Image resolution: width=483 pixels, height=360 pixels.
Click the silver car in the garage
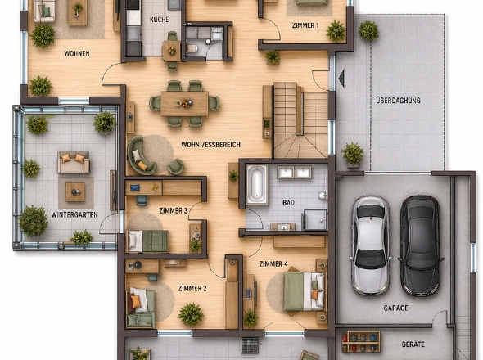(370, 245)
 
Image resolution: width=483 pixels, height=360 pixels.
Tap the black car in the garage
(420, 245)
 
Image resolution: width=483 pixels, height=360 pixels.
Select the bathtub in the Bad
(256, 184)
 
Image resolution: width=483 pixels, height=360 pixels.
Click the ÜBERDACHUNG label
(398, 101)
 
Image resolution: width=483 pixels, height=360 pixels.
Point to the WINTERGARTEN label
(74, 214)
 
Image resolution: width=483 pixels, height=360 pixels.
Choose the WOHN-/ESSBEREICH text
(210, 145)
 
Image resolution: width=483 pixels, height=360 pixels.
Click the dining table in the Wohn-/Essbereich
(184, 103)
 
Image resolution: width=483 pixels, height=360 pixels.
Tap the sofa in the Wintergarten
(74, 162)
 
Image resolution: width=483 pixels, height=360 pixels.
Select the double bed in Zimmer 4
(304, 291)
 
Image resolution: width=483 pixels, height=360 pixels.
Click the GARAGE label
(396, 308)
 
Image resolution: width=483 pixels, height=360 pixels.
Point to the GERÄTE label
(413, 344)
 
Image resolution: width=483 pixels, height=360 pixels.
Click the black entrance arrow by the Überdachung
(341, 79)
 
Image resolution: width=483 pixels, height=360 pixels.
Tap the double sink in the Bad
(294, 173)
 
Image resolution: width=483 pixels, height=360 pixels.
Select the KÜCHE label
(160, 20)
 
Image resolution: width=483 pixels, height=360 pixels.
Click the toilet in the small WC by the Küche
(192, 48)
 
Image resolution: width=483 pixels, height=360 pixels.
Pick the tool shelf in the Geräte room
(361, 341)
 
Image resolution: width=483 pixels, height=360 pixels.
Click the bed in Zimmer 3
(148, 241)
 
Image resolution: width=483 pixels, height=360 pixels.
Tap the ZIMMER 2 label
(192, 289)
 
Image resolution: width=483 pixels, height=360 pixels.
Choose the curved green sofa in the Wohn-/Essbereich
(140, 155)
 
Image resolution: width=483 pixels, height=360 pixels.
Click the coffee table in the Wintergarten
(75, 192)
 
